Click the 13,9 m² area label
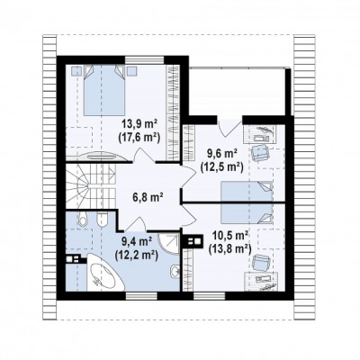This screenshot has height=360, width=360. (139, 123)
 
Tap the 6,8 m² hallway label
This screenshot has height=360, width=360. (148, 197)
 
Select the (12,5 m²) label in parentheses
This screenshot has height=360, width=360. (221, 167)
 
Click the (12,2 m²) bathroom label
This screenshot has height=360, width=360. (136, 255)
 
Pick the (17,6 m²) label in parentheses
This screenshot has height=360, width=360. (139, 137)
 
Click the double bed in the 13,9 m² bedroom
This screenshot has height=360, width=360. (103, 90)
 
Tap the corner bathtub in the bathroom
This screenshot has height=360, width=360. (105, 273)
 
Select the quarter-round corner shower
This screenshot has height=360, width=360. (169, 242)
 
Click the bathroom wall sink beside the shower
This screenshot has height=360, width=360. (175, 271)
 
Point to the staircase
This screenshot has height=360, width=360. (91, 186)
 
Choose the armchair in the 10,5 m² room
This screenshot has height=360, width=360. (260, 263)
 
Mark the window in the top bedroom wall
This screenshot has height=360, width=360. (145, 60)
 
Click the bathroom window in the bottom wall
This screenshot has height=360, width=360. (141, 296)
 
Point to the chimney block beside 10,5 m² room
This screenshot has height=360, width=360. (193, 241)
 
